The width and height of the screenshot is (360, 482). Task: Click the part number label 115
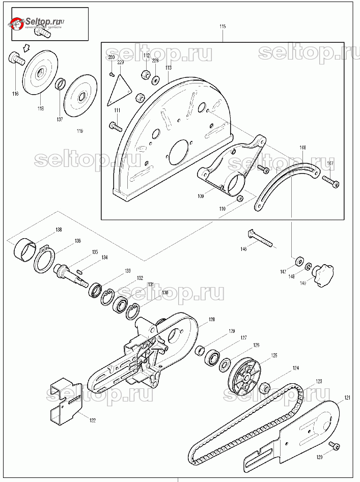(x=222, y=26)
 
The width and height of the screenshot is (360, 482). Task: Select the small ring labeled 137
(x=60, y=83)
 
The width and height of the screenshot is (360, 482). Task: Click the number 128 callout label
(x=211, y=320)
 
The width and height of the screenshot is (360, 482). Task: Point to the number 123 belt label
(x=318, y=381)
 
